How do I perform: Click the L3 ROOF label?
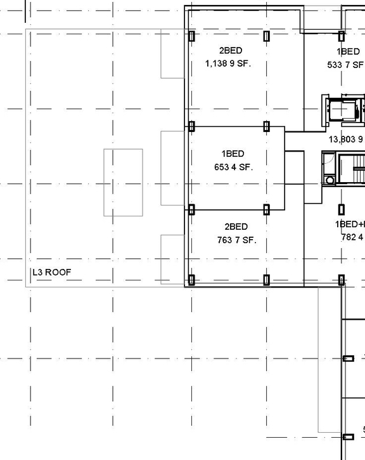tap(52, 273)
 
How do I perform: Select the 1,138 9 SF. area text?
tap(228, 63)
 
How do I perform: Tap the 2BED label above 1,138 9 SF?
tap(231, 51)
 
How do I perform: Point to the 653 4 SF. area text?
tap(233, 168)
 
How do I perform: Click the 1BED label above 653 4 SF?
tap(233, 154)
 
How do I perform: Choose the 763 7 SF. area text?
tap(236, 240)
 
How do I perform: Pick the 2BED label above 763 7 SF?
tap(236, 227)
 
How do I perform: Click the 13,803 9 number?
tap(346, 140)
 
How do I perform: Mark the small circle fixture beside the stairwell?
tap(330, 180)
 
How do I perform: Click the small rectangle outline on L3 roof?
tap(123, 182)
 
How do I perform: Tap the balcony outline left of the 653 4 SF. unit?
tap(172, 168)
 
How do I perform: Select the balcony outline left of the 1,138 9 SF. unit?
tap(172, 54)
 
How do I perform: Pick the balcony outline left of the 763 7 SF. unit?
tap(172, 259)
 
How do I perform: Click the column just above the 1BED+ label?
tap(342, 209)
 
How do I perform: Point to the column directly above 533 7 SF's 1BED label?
tap(342, 36)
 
